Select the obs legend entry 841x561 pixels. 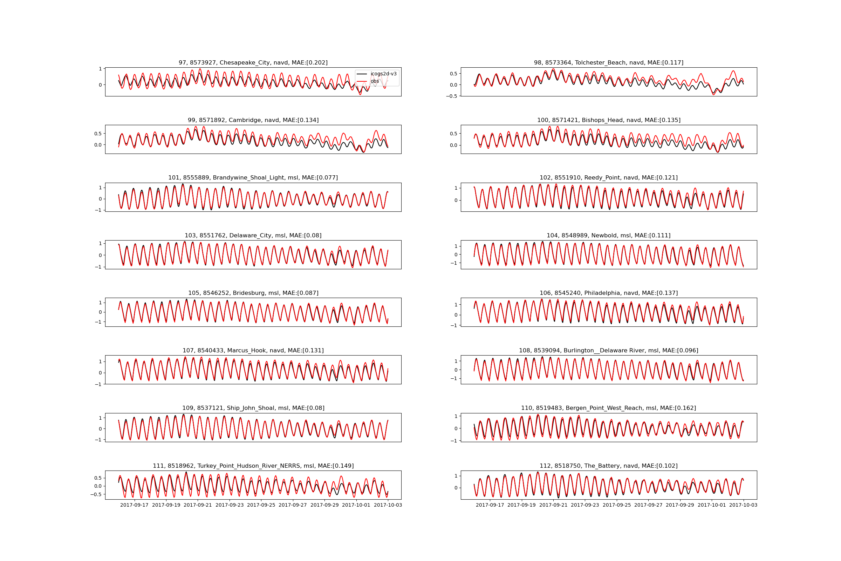point(375,81)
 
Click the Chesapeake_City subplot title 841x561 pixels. point(253,63)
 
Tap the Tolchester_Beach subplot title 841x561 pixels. point(609,63)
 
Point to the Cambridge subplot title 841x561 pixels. point(253,120)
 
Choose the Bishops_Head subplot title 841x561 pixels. point(609,120)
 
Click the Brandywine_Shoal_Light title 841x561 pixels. point(253,178)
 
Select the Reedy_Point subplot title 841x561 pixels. point(609,178)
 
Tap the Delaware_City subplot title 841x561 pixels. point(253,235)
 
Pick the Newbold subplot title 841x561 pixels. point(609,235)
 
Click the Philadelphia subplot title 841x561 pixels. point(609,293)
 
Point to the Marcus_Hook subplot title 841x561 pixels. point(253,351)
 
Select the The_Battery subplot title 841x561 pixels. point(609,466)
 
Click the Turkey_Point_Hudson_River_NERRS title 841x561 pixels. point(253,466)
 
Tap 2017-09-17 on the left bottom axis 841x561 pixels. point(134,505)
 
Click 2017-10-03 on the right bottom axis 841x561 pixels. point(743,505)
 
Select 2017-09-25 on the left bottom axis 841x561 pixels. point(261,505)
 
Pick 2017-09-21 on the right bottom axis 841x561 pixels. point(553,505)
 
